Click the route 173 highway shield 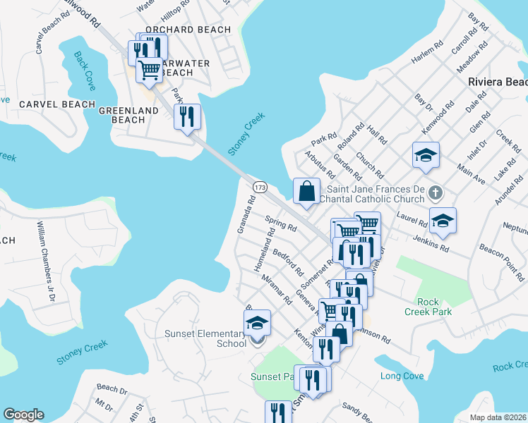pyautogui.click(x=260, y=186)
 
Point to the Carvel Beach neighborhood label pyautogui.click(x=57, y=104)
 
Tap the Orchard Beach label pyautogui.click(x=188, y=30)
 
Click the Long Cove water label pyautogui.click(x=402, y=376)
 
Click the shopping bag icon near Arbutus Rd pyautogui.click(x=307, y=191)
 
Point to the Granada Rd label pyautogui.click(x=246, y=216)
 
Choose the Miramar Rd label pyautogui.click(x=277, y=289)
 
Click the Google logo pyautogui.click(x=24, y=415)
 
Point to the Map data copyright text pyautogui.click(x=497, y=417)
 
